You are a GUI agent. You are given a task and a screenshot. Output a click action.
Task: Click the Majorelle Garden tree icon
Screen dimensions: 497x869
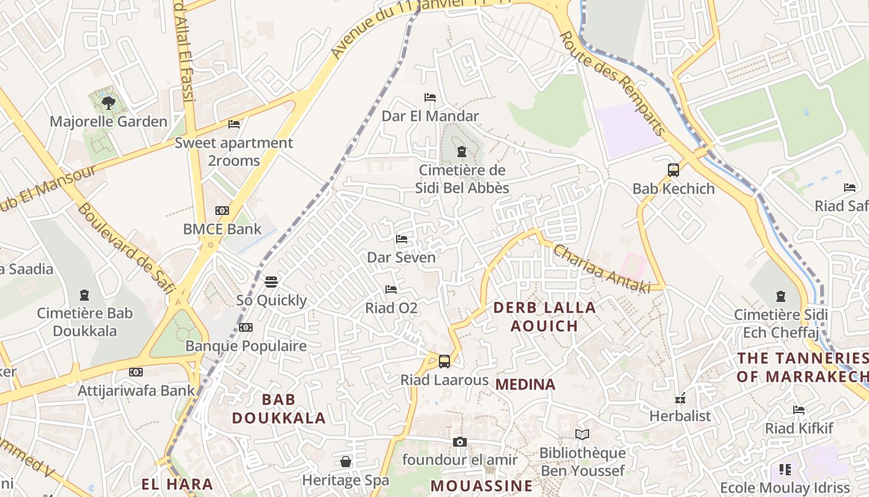109,103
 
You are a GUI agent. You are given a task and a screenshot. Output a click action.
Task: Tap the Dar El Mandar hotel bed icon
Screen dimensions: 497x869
430,98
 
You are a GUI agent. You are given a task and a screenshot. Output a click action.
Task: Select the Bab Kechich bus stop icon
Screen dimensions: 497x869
673,170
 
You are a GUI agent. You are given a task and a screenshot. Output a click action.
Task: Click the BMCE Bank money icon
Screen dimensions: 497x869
222,211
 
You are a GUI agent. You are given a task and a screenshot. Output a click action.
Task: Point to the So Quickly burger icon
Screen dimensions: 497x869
271,282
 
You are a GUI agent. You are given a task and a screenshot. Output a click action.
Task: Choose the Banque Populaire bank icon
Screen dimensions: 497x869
246,327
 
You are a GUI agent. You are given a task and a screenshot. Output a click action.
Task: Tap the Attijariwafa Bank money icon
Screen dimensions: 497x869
136,372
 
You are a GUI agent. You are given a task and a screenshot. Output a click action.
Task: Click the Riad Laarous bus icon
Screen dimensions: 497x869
444,362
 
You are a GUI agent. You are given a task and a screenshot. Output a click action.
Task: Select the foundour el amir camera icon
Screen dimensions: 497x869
460,442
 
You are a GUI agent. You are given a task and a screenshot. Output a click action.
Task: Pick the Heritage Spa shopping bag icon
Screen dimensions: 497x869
346,462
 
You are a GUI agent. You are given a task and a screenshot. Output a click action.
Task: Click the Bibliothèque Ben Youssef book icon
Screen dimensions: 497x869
582,434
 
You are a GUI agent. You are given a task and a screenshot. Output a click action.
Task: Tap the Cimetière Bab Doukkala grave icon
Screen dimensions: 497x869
84,295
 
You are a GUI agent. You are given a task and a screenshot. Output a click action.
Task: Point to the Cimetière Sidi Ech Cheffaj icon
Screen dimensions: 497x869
781,297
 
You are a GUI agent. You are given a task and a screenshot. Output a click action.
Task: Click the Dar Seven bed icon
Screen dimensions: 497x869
402,239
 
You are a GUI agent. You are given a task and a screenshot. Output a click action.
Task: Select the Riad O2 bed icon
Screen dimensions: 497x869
391,290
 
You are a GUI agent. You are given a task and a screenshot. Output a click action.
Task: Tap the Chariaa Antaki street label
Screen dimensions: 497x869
601,269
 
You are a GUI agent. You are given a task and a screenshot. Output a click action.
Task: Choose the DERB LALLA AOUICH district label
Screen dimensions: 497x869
544,316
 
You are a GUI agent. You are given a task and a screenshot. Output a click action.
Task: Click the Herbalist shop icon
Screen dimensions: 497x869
680,398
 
